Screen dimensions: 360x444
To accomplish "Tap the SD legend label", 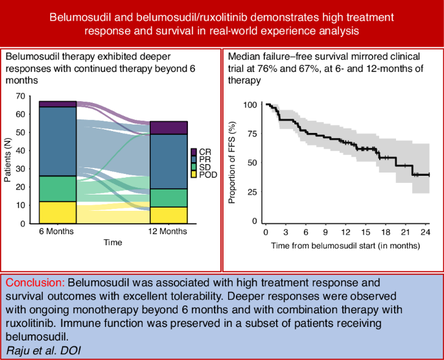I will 205,167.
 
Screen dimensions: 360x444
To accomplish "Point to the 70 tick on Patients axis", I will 19,96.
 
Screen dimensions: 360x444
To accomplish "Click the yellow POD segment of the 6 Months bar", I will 57,212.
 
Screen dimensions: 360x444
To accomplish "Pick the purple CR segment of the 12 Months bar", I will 169,128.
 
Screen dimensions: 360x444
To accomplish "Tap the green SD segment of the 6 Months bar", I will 57,189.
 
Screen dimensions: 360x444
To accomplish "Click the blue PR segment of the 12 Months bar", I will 169,162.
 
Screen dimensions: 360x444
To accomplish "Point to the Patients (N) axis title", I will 8,158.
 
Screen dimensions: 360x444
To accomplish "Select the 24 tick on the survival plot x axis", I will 425,232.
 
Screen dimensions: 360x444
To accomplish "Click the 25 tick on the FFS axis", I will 252,193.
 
